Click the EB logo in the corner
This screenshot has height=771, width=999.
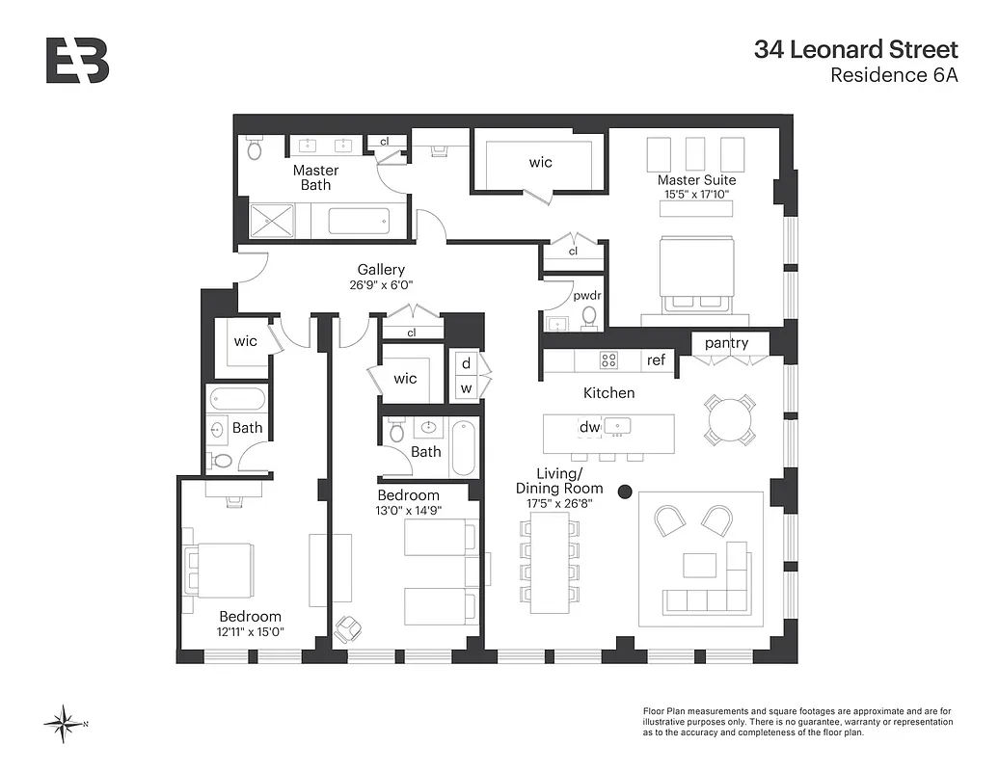[x=77, y=60]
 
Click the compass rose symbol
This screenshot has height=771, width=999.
[x=65, y=724]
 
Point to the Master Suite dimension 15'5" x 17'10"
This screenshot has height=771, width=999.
[x=695, y=195]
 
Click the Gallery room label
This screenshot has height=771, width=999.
[x=381, y=270]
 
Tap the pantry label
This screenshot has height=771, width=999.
[x=728, y=343]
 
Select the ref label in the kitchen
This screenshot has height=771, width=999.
[x=656, y=360]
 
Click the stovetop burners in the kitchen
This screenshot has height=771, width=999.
[x=609, y=360]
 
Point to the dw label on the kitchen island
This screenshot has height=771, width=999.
[x=588, y=427]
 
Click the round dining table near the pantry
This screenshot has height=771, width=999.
[x=729, y=418]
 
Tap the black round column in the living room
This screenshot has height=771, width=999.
[x=625, y=492]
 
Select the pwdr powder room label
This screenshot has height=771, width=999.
[x=586, y=296]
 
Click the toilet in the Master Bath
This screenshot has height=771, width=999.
[x=255, y=148]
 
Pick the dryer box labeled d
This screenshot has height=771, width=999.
[x=467, y=363]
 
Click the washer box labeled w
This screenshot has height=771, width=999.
[x=467, y=388]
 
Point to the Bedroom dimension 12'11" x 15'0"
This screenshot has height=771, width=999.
[x=250, y=632]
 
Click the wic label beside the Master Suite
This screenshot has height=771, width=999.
[x=541, y=162]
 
